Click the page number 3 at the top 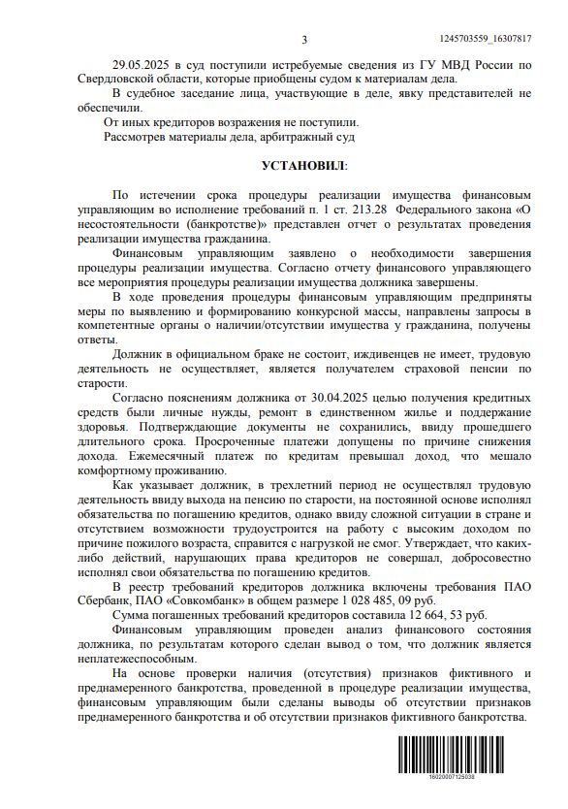click(303, 40)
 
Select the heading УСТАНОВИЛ click(302, 168)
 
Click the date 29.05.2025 click(142, 64)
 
